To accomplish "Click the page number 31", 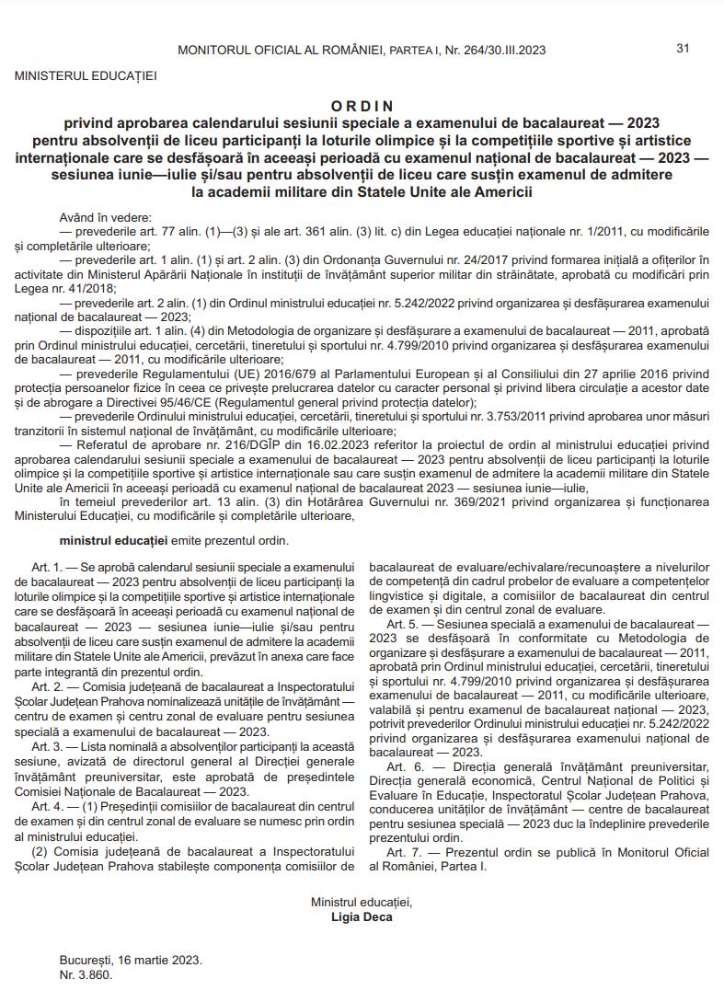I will pos(683,48).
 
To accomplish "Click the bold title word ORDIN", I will pos(362,107).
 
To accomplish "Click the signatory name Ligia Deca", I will pos(362,917).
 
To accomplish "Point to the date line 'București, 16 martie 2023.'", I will pos(131,959).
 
